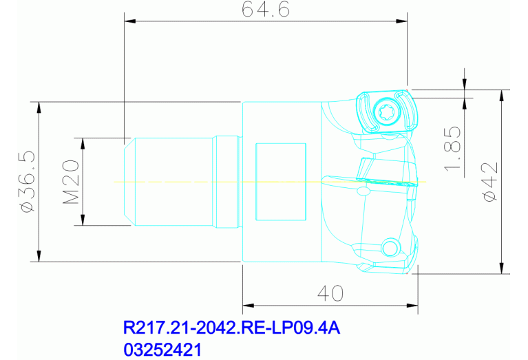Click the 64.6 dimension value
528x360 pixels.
[264, 10]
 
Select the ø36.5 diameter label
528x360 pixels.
[27, 182]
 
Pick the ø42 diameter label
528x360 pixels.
[489, 182]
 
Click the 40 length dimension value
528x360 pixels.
[330, 294]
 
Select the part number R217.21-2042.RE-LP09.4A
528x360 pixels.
[231, 328]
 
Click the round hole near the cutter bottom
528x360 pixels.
[390, 247]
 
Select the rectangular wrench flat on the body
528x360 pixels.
[281, 182]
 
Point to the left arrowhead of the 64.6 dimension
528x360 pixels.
[129, 21]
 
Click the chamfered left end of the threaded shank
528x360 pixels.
[129, 182]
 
